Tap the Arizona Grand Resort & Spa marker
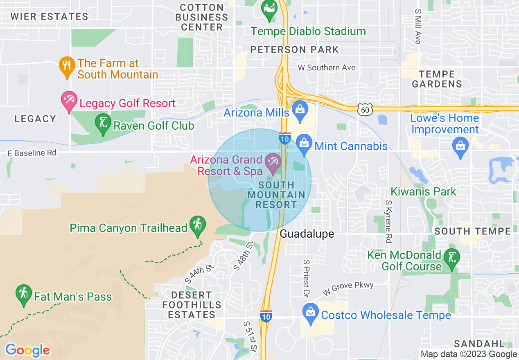pyautogui.click(x=273, y=164)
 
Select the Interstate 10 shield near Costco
pyautogui.click(x=266, y=316)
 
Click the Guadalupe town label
pyautogui.click(x=307, y=234)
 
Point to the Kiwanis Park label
pyautogui.click(x=423, y=191)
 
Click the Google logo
pyautogui.click(x=27, y=350)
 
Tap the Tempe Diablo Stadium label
pyautogui.click(x=308, y=31)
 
